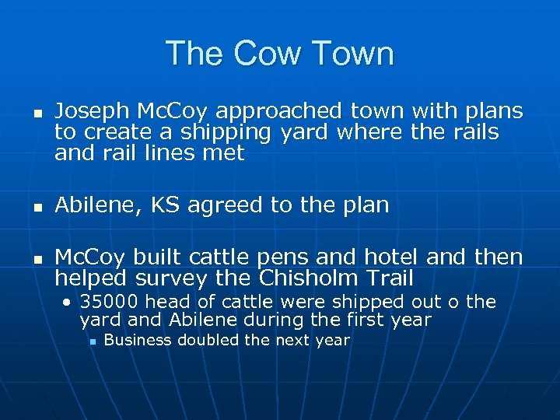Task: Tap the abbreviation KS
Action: (164, 205)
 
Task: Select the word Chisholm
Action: (312, 278)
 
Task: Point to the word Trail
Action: (389, 278)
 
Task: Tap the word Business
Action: (135, 340)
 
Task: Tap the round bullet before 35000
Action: (69, 302)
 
